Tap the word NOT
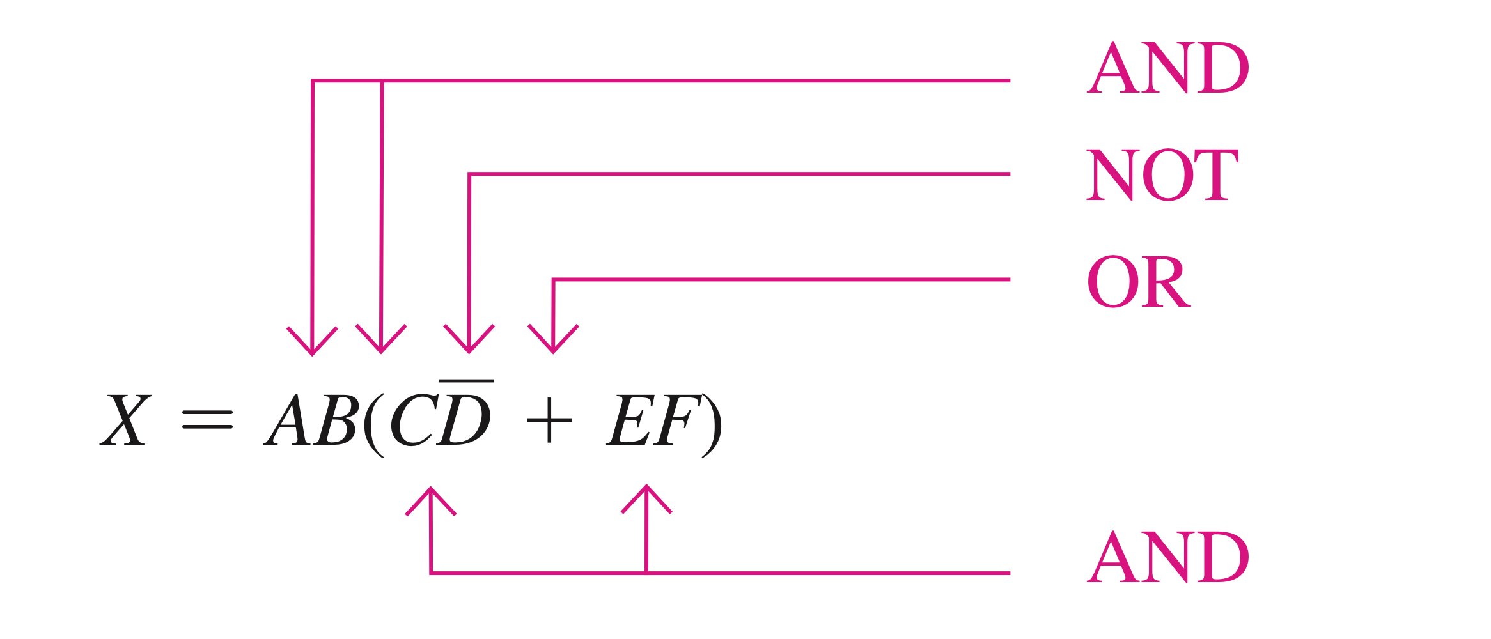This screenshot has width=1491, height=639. tap(1162, 174)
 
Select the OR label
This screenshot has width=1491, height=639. tap(1138, 281)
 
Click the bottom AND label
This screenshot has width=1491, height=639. tap(1167, 557)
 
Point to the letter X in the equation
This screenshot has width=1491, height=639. tap(126, 420)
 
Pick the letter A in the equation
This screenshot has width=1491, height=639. tap(288, 420)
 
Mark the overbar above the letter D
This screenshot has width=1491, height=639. tap(466, 381)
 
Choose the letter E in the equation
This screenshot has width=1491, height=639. tap(629, 420)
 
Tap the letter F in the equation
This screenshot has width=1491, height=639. tap(675, 420)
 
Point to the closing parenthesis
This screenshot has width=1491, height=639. tap(712, 424)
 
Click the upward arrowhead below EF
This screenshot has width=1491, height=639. tap(646, 498)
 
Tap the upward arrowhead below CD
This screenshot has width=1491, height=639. tap(431, 500)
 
